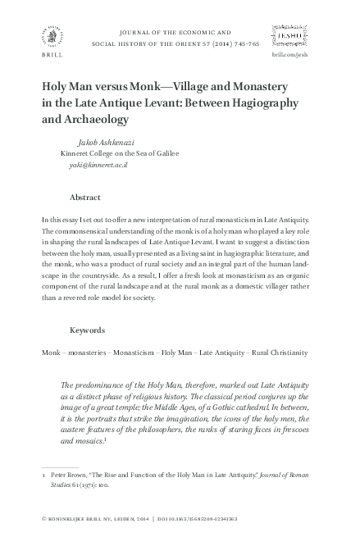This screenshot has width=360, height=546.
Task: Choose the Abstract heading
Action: click(x=86, y=198)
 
